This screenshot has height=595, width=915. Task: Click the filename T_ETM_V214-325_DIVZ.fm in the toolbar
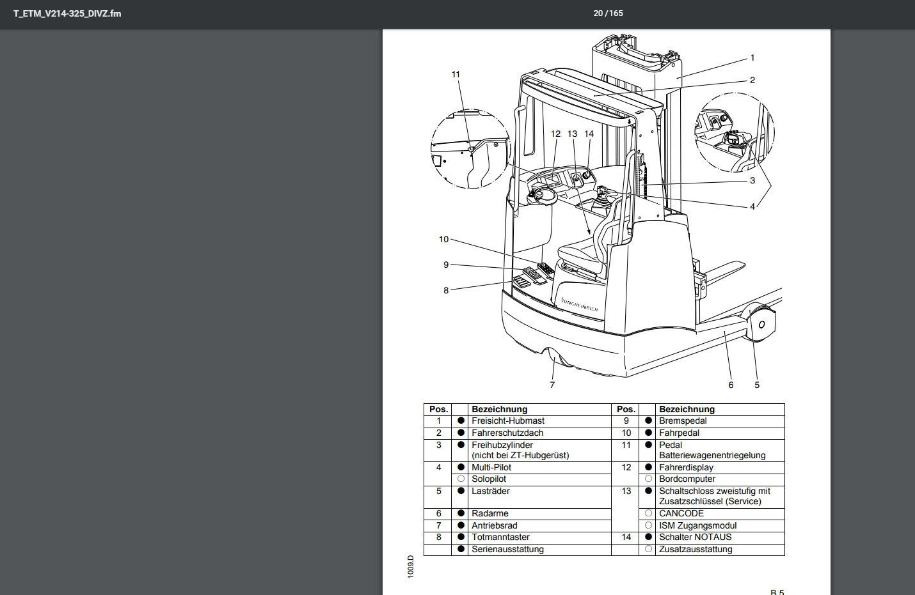pyautogui.click(x=67, y=13)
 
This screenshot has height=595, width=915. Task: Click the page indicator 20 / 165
pyautogui.click(x=607, y=13)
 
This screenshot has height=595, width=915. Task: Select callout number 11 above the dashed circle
pyautogui.click(x=456, y=75)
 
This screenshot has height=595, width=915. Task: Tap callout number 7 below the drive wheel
pyautogui.click(x=552, y=385)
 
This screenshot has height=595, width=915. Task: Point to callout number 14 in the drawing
pyautogui.click(x=589, y=134)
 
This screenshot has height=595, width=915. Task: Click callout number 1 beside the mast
pyautogui.click(x=752, y=58)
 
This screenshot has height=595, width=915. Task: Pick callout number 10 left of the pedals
pyautogui.click(x=443, y=240)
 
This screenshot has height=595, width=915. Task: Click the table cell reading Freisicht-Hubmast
pyautogui.click(x=508, y=421)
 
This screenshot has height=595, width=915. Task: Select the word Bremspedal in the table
pyautogui.click(x=683, y=421)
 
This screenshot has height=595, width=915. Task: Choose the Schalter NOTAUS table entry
pyautogui.click(x=695, y=537)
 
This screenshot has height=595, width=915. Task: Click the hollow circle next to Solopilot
pyautogui.click(x=460, y=479)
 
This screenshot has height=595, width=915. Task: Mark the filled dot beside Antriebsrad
pyautogui.click(x=460, y=525)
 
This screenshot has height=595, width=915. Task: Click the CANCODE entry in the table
pyautogui.click(x=681, y=513)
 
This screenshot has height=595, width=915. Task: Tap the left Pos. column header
pyautogui.click(x=438, y=409)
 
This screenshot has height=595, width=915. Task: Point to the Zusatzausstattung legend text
pyautogui.click(x=696, y=550)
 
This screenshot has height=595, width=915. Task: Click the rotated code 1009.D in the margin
pyautogui.click(x=411, y=566)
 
